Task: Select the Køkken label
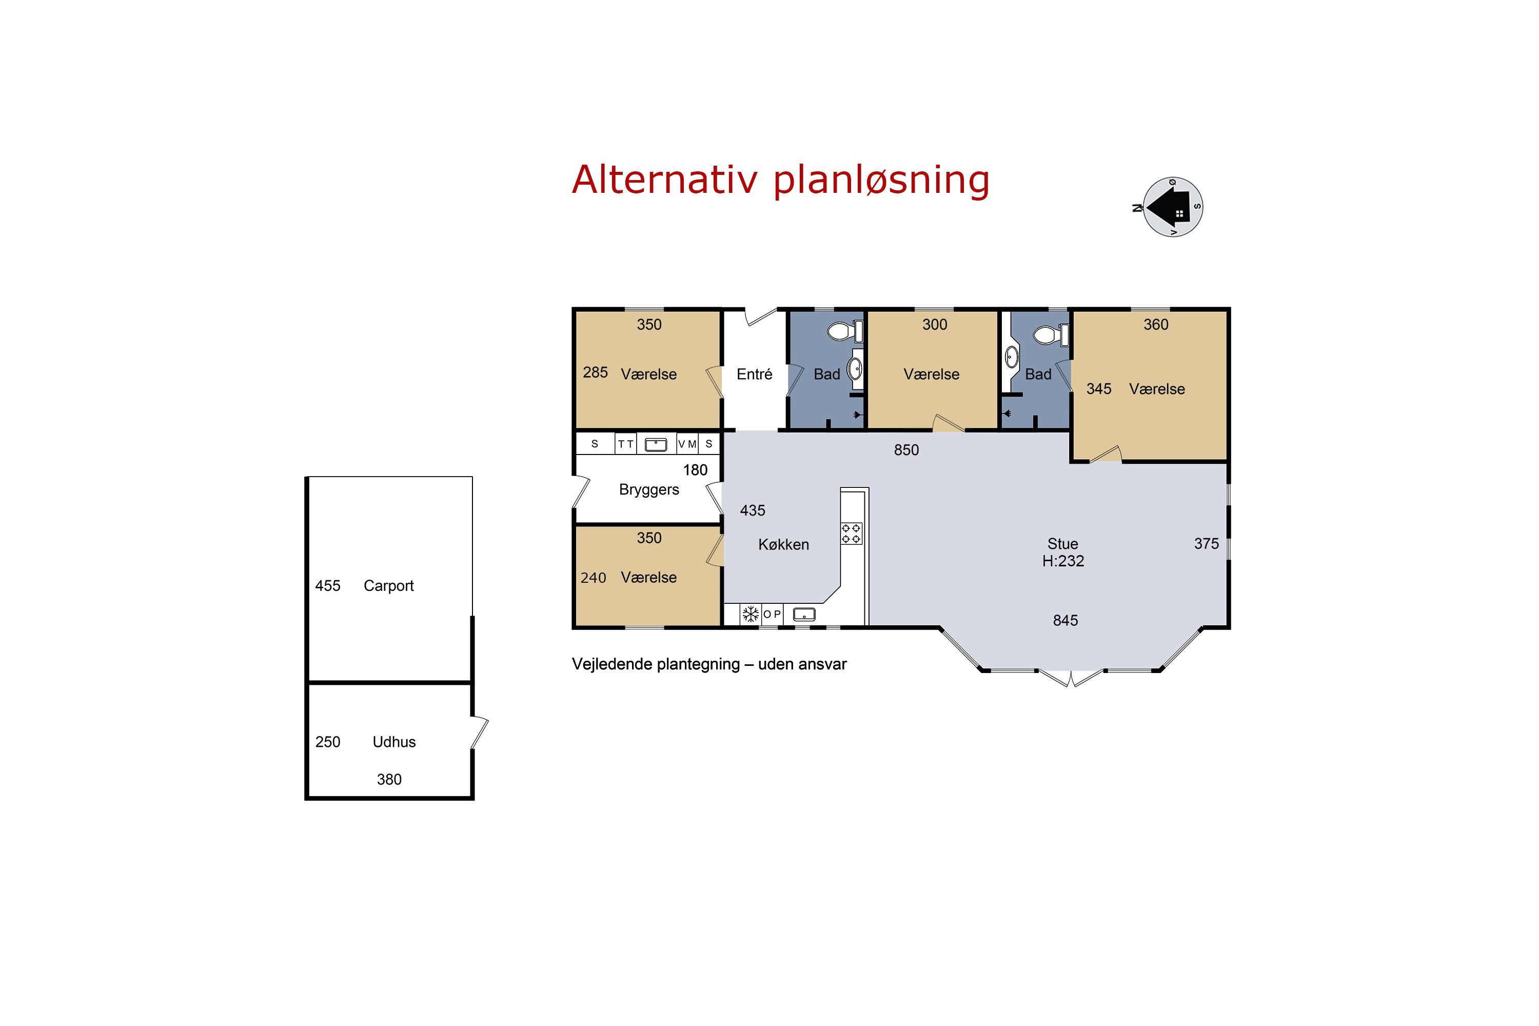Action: [783, 544]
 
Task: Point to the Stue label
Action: [1062, 544]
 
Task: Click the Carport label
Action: [389, 586]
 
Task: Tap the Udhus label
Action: [394, 742]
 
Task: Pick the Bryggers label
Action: [649, 490]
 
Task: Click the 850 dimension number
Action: [906, 450]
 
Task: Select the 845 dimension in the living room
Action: [1066, 620]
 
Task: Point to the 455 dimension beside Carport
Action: [328, 586]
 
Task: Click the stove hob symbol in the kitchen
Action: [851, 534]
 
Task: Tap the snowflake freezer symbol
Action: [751, 614]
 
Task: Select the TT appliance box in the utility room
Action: [625, 444]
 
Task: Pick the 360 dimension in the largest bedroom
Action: [1156, 325]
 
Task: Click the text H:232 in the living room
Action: [1063, 561]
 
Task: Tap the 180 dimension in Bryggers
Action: [695, 470]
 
